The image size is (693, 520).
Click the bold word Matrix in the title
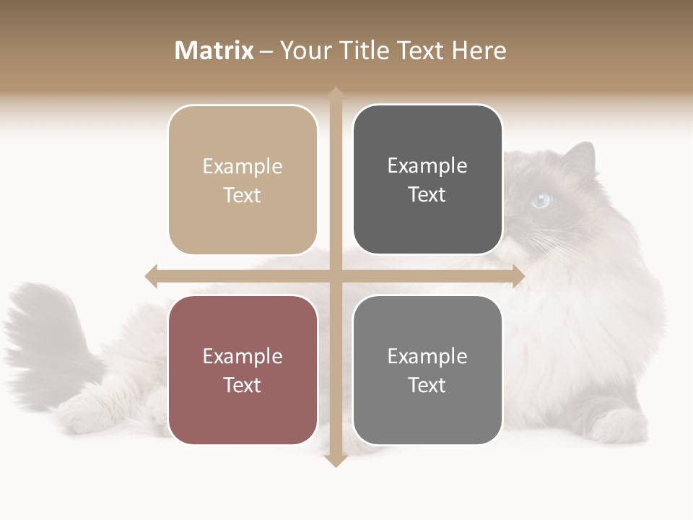pos(214,51)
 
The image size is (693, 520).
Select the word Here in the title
pos(479,51)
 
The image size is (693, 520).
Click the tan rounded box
pos(243,180)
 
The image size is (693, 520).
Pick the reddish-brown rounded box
pos(243,370)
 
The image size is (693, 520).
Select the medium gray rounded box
pos(427,370)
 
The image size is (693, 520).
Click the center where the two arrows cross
pos(335,276)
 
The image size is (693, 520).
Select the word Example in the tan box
pos(243,166)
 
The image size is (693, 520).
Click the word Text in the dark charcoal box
pos(427,194)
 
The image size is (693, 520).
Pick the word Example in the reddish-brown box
pos(243,356)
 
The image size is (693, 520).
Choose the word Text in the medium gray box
pos(427,385)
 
